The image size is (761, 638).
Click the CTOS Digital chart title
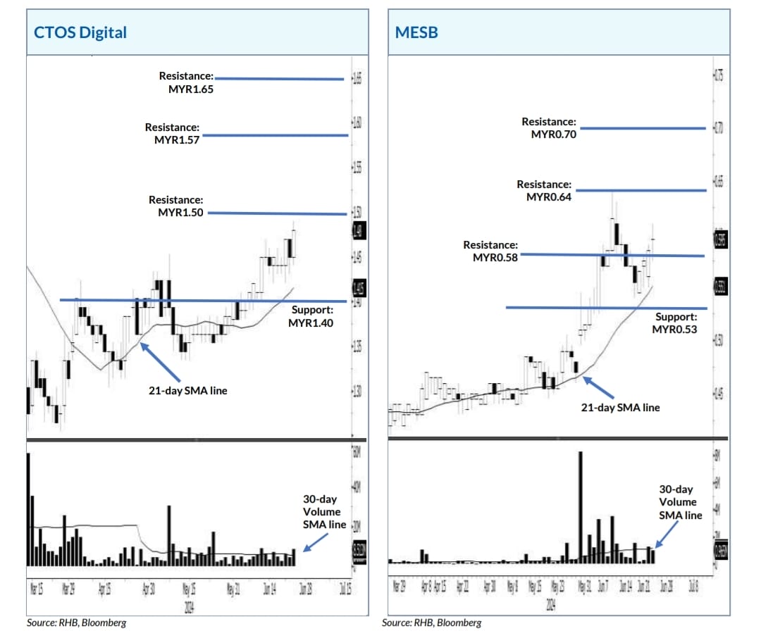81,32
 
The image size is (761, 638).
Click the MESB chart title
416,32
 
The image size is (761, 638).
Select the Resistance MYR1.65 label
186,82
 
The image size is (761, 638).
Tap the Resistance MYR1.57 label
173,134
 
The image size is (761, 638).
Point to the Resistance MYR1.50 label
176,206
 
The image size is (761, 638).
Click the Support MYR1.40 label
311,316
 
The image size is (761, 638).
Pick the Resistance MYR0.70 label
549,127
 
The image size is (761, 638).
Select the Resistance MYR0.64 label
544,190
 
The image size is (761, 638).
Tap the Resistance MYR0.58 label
490,251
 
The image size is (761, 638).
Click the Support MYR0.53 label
674,323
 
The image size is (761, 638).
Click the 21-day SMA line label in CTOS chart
187,390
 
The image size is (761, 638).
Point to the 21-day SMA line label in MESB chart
620,407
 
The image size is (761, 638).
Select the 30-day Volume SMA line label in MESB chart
681,501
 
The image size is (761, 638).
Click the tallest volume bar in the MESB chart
581,507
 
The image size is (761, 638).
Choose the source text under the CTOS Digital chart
77,623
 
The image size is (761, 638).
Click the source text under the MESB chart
432,623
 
